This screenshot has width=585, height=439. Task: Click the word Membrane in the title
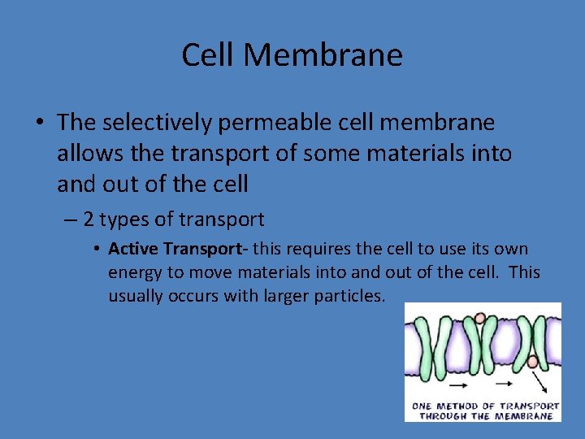[x=323, y=55]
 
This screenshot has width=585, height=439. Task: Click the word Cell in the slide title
[x=208, y=55]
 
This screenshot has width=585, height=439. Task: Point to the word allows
[x=85, y=154]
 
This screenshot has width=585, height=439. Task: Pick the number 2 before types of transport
[x=89, y=219]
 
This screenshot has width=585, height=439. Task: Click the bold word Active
[x=132, y=249]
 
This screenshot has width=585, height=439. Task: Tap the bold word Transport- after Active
[x=206, y=249]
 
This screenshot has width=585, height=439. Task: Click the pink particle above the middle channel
[x=480, y=318]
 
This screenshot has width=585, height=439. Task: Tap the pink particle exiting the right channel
[x=533, y=361]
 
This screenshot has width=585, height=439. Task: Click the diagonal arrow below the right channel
[x=540, y=382]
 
